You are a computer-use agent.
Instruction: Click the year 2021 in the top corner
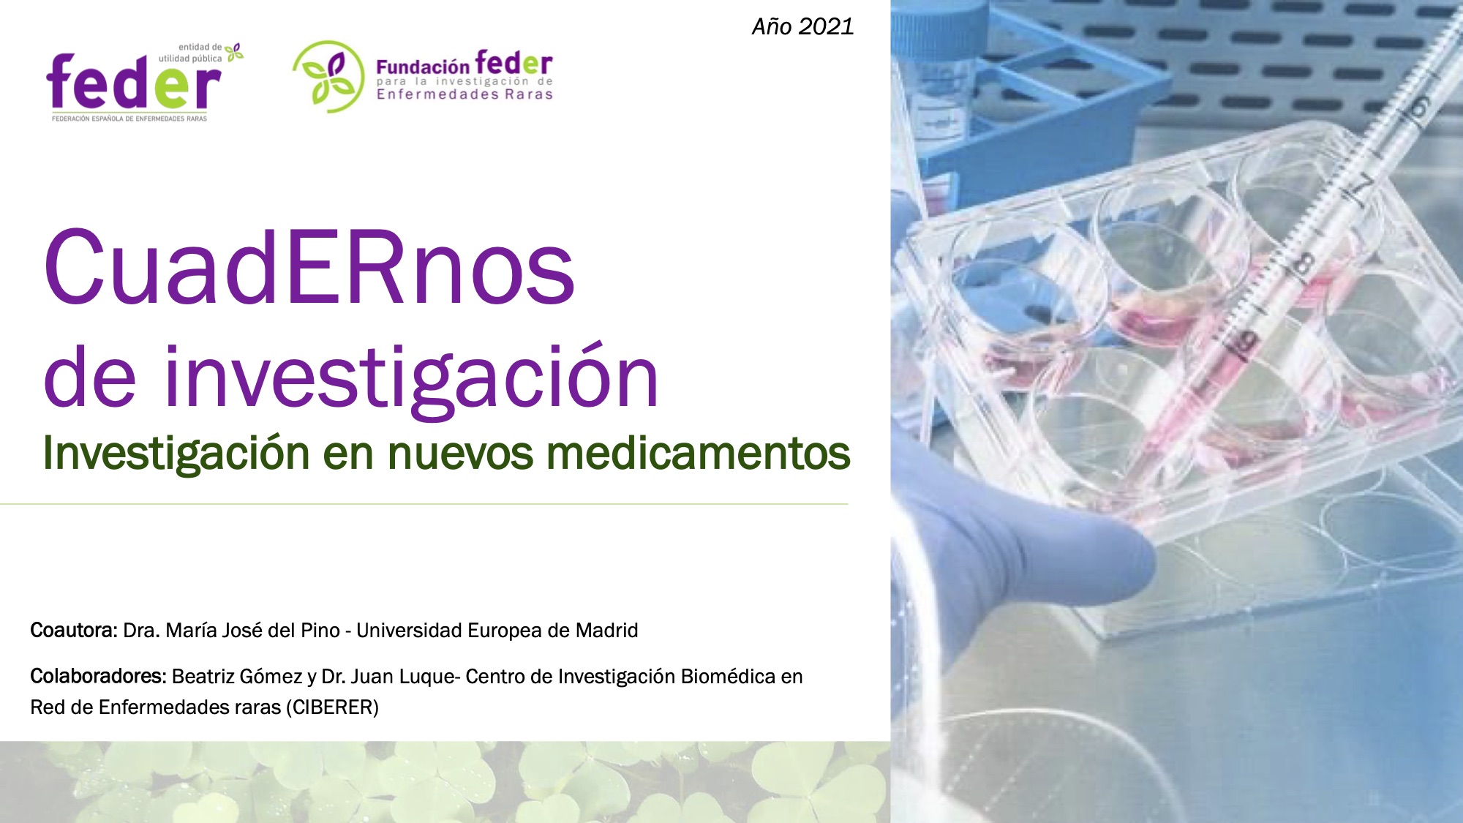coord(826,27)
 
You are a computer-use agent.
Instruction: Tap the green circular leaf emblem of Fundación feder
coord(328,77)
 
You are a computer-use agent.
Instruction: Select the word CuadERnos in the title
coord(309,267)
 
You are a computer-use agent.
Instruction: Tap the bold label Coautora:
coord(74,631)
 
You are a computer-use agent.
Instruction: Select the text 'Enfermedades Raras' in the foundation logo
coord(465,94)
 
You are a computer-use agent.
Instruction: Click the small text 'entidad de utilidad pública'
coord(191,53)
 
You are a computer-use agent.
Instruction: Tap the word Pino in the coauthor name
coord(320,631)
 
